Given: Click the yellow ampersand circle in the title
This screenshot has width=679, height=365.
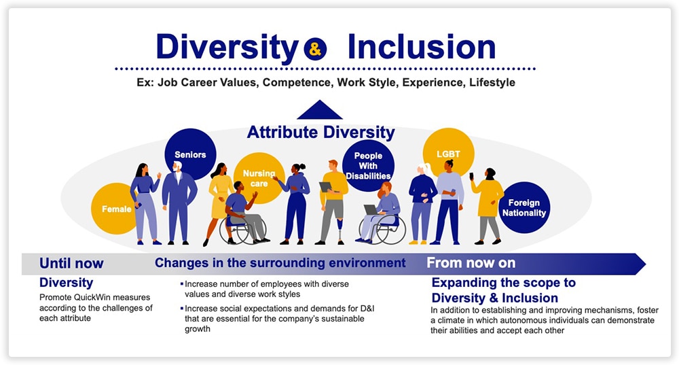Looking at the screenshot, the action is pos(315,48).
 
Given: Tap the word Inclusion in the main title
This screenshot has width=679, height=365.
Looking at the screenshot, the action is pos(422,47).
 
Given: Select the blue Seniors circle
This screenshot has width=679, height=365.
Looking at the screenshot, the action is pos(190,154).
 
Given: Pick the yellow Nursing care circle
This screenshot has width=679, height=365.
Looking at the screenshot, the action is pos(259,178).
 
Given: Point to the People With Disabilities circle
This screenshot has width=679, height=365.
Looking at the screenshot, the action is pos(368,166).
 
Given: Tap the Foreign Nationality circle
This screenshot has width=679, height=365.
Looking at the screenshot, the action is pos(524,207).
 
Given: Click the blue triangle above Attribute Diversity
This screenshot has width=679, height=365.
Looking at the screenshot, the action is pos(320,109).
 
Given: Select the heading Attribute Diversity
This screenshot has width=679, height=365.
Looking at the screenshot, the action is pos(321,133).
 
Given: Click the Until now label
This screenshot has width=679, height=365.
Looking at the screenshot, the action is pos(71,263).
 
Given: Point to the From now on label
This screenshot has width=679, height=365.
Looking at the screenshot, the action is pos(471,262).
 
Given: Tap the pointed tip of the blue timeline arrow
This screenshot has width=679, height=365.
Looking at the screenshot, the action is pos(646,264).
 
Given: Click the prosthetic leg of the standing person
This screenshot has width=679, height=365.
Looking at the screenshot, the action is pos(341,230).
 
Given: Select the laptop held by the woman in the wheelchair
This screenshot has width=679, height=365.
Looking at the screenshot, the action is pos(371,210).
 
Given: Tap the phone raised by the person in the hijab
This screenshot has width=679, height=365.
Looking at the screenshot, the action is pos(471,177).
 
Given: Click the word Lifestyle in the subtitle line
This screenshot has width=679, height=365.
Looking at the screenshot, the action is pos(492,82).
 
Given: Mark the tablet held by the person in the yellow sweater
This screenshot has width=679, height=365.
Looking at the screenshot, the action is pos(325,187).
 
